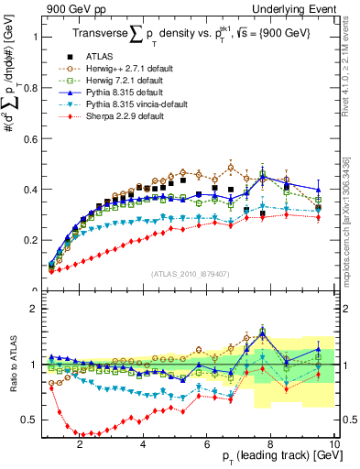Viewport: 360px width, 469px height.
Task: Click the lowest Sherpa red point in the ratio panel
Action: click(x=84, y=434)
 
